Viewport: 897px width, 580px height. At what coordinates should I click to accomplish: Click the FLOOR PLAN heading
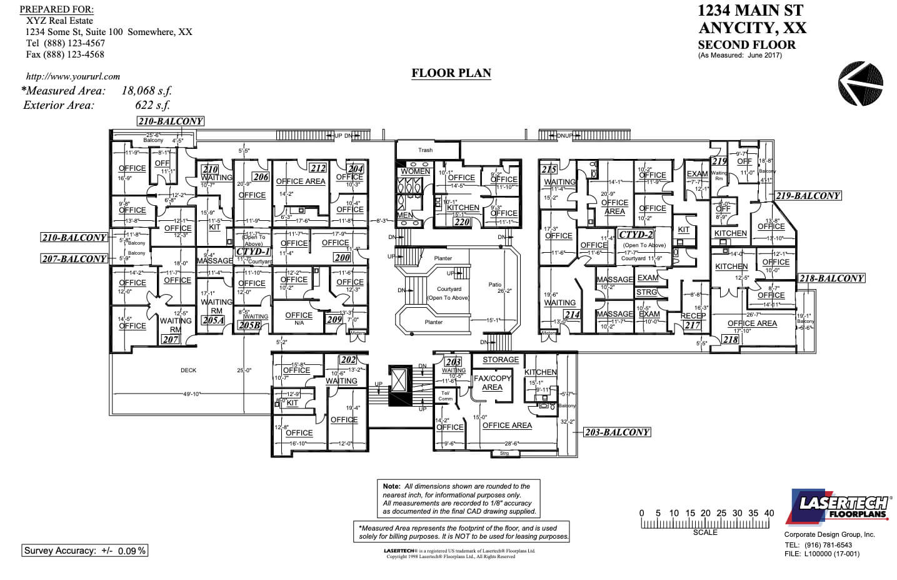point(451,73)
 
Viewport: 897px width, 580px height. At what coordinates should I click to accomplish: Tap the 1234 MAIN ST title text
point(750,11)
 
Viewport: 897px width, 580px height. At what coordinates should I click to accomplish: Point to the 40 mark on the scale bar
point(769,513)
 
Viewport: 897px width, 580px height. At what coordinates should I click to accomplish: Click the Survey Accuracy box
point(85,551)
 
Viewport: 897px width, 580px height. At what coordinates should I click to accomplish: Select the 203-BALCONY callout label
point(617,432)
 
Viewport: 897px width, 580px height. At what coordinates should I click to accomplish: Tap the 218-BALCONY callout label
point(831,278)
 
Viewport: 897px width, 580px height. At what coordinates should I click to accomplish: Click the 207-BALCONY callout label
point(74,259)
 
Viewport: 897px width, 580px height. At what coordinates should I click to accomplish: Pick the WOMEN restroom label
point(415,171)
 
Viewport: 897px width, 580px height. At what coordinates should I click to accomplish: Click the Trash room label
point(425,150)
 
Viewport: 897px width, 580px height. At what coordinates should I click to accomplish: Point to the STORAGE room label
point(500,360)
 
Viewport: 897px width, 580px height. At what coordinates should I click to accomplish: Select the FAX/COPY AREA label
point(492,382)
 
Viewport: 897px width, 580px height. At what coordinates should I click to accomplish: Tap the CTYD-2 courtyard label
point(636,235)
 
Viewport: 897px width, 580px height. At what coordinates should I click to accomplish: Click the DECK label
point(188,370)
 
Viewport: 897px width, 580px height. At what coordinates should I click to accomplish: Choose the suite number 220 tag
point(461,221)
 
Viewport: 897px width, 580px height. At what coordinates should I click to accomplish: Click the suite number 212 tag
point(318,168)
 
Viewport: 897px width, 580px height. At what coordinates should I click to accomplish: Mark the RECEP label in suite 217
point(693,316)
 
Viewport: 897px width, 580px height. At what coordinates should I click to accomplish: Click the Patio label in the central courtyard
point(494,285)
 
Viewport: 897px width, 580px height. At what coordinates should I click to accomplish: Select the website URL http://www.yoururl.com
point(73,76)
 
